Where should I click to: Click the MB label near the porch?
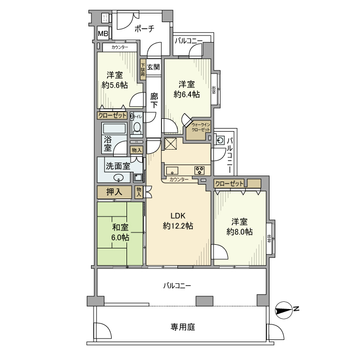(103, 34)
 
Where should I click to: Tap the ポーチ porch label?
(144, 29)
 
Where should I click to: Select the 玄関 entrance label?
(153, 67)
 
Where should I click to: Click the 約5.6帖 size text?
(115, 85)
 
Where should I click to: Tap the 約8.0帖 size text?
(239, 232)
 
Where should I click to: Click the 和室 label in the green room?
(120, 227)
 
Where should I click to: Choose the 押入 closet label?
(114, 192)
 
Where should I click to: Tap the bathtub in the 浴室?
(114, 129)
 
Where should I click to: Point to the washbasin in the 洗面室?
(119, 178)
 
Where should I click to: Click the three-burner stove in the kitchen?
(199, 170)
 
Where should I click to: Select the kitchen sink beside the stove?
(172, 170)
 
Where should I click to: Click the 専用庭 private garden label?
(179, 327)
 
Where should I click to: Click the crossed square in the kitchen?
(170, 143)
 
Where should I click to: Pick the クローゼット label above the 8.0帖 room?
(229, 183)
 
